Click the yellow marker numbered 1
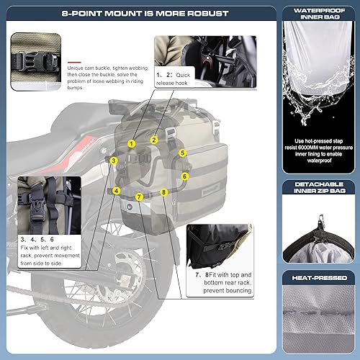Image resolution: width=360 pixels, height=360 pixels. (x=131, y=143)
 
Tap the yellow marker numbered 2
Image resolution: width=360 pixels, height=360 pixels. (x=154, y=139)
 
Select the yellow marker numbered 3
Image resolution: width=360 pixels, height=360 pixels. (x=114, y=159)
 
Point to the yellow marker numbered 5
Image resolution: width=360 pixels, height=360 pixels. (x=183, y=153)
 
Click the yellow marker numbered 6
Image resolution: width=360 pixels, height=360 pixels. (x=185, y=176)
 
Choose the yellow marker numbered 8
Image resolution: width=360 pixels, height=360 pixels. (x=164, y=192)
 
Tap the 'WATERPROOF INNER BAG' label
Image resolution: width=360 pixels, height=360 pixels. (x=318, y=15)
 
